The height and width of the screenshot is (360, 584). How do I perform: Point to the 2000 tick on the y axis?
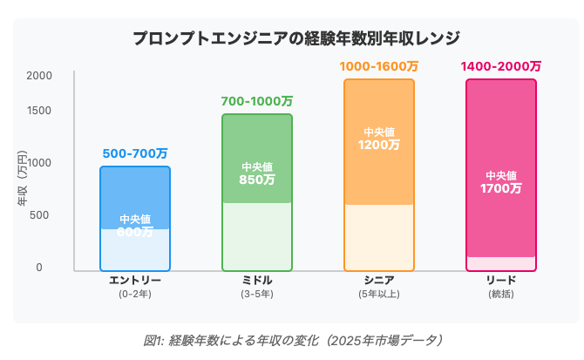[39, 76]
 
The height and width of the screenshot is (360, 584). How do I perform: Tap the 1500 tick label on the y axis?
[39, 111]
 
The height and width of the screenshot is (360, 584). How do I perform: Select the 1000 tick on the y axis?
[39, 163]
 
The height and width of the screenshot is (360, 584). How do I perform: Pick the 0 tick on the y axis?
[39, 268]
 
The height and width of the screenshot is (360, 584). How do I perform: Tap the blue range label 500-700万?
[135, 153]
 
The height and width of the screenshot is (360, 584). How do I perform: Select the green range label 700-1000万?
[257, 101]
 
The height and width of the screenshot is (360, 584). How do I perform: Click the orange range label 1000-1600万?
[379, 66]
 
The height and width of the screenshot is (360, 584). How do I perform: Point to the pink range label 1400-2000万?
[501, 66]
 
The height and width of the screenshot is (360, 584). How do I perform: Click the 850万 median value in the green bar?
[257, 180]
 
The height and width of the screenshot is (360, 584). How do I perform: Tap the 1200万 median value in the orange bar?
[379, 146]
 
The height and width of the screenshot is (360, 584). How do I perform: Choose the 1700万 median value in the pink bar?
[501, 188]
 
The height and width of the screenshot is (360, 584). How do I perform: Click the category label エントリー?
[135, 281]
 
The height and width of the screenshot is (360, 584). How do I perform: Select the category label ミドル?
[257, 281]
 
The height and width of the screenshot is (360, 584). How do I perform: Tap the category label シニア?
[379, 281]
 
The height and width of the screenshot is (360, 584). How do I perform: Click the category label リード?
[501, 281]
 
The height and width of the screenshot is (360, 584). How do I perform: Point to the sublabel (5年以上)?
[379, 295]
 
